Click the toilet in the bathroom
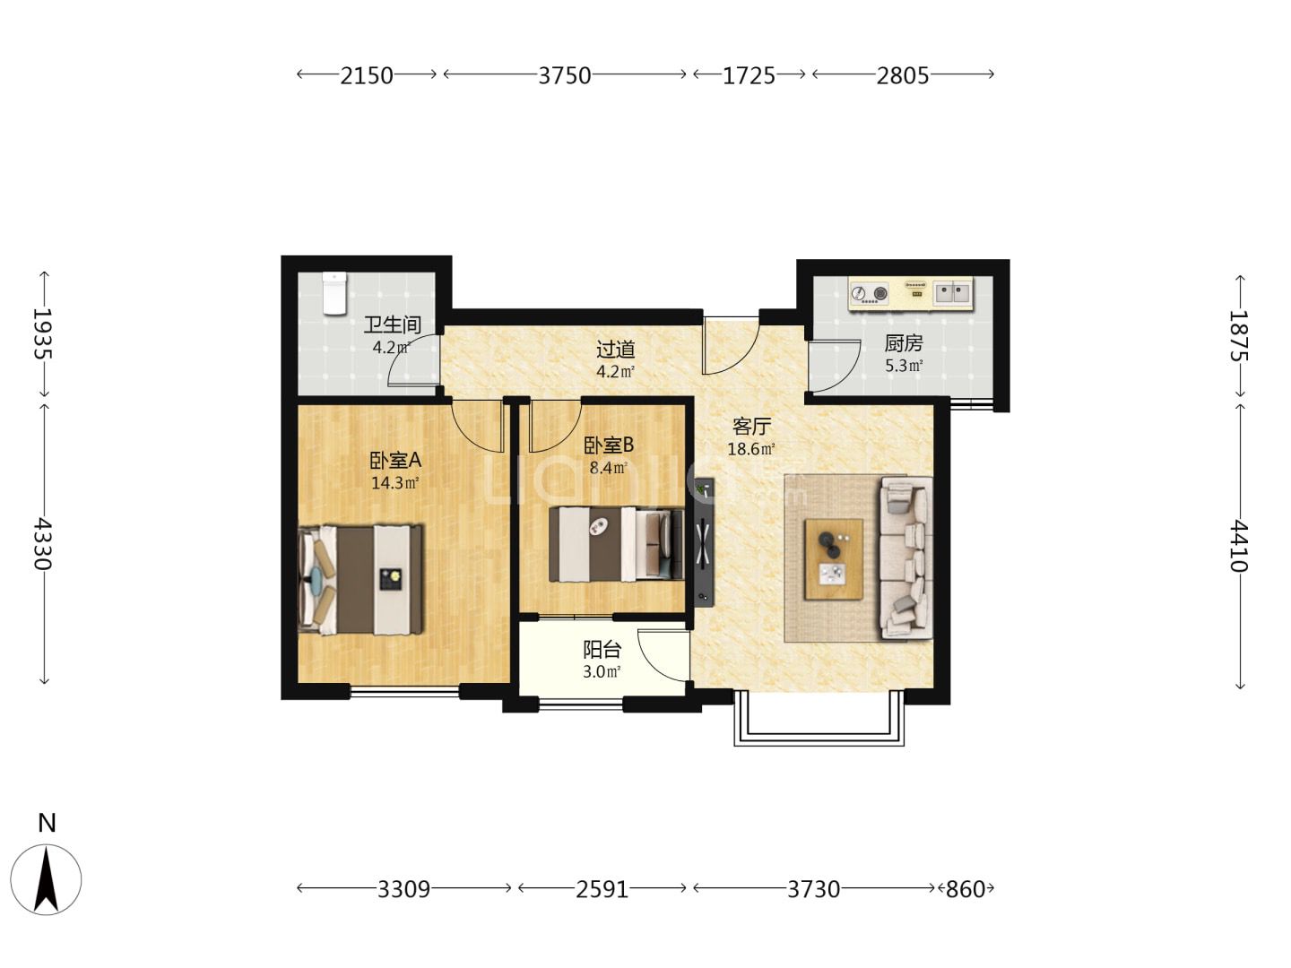coord(334,293)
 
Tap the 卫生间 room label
coord(393,324)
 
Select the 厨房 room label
coord(904,342)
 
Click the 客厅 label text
coord(751,426)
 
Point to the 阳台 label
coord(602,650)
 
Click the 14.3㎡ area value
coord(394,483)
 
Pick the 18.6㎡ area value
coord(751,449)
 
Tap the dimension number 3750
coord(565,76)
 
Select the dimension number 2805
coord(903,76)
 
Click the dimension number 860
coord(966,889)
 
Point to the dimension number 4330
coord(42,544)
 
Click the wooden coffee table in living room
coord(834,559)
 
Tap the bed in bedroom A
coord(360,580)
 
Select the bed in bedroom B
coord(616,544)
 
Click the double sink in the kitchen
coord(952,292)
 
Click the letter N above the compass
coord(47,824)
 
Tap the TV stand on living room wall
coord(704,540)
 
